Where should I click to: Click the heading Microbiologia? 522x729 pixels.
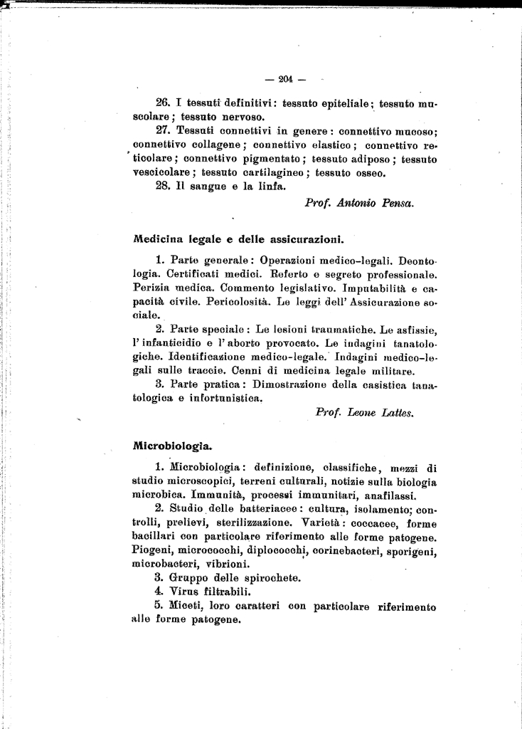point(172,446)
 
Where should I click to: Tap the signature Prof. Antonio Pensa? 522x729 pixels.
point(359,202)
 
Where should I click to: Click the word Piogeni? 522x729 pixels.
point(152,550)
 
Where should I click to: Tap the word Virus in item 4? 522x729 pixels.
point(187,591)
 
